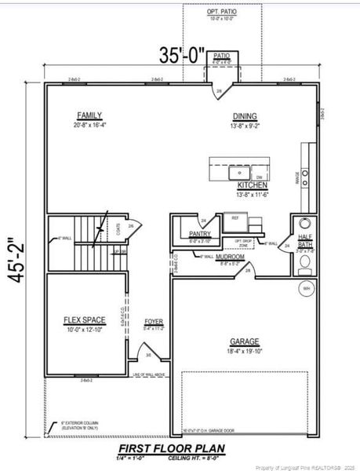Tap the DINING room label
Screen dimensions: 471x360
pyautogui.click(x=244, y=116)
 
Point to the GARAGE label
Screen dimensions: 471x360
pyautogui.click(x=245, y=341)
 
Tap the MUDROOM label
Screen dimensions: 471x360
pyautogui.click(x=232, y=256)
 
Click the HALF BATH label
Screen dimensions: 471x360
pyautogui.click(x=305, y=241)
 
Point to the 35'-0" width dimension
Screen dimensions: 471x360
pyautogui.click(x=182, y=56)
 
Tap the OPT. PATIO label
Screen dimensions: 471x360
pyautogui.click(x=222, y=13)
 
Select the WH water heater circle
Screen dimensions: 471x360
pyautogui.click(x=305, y=289)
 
